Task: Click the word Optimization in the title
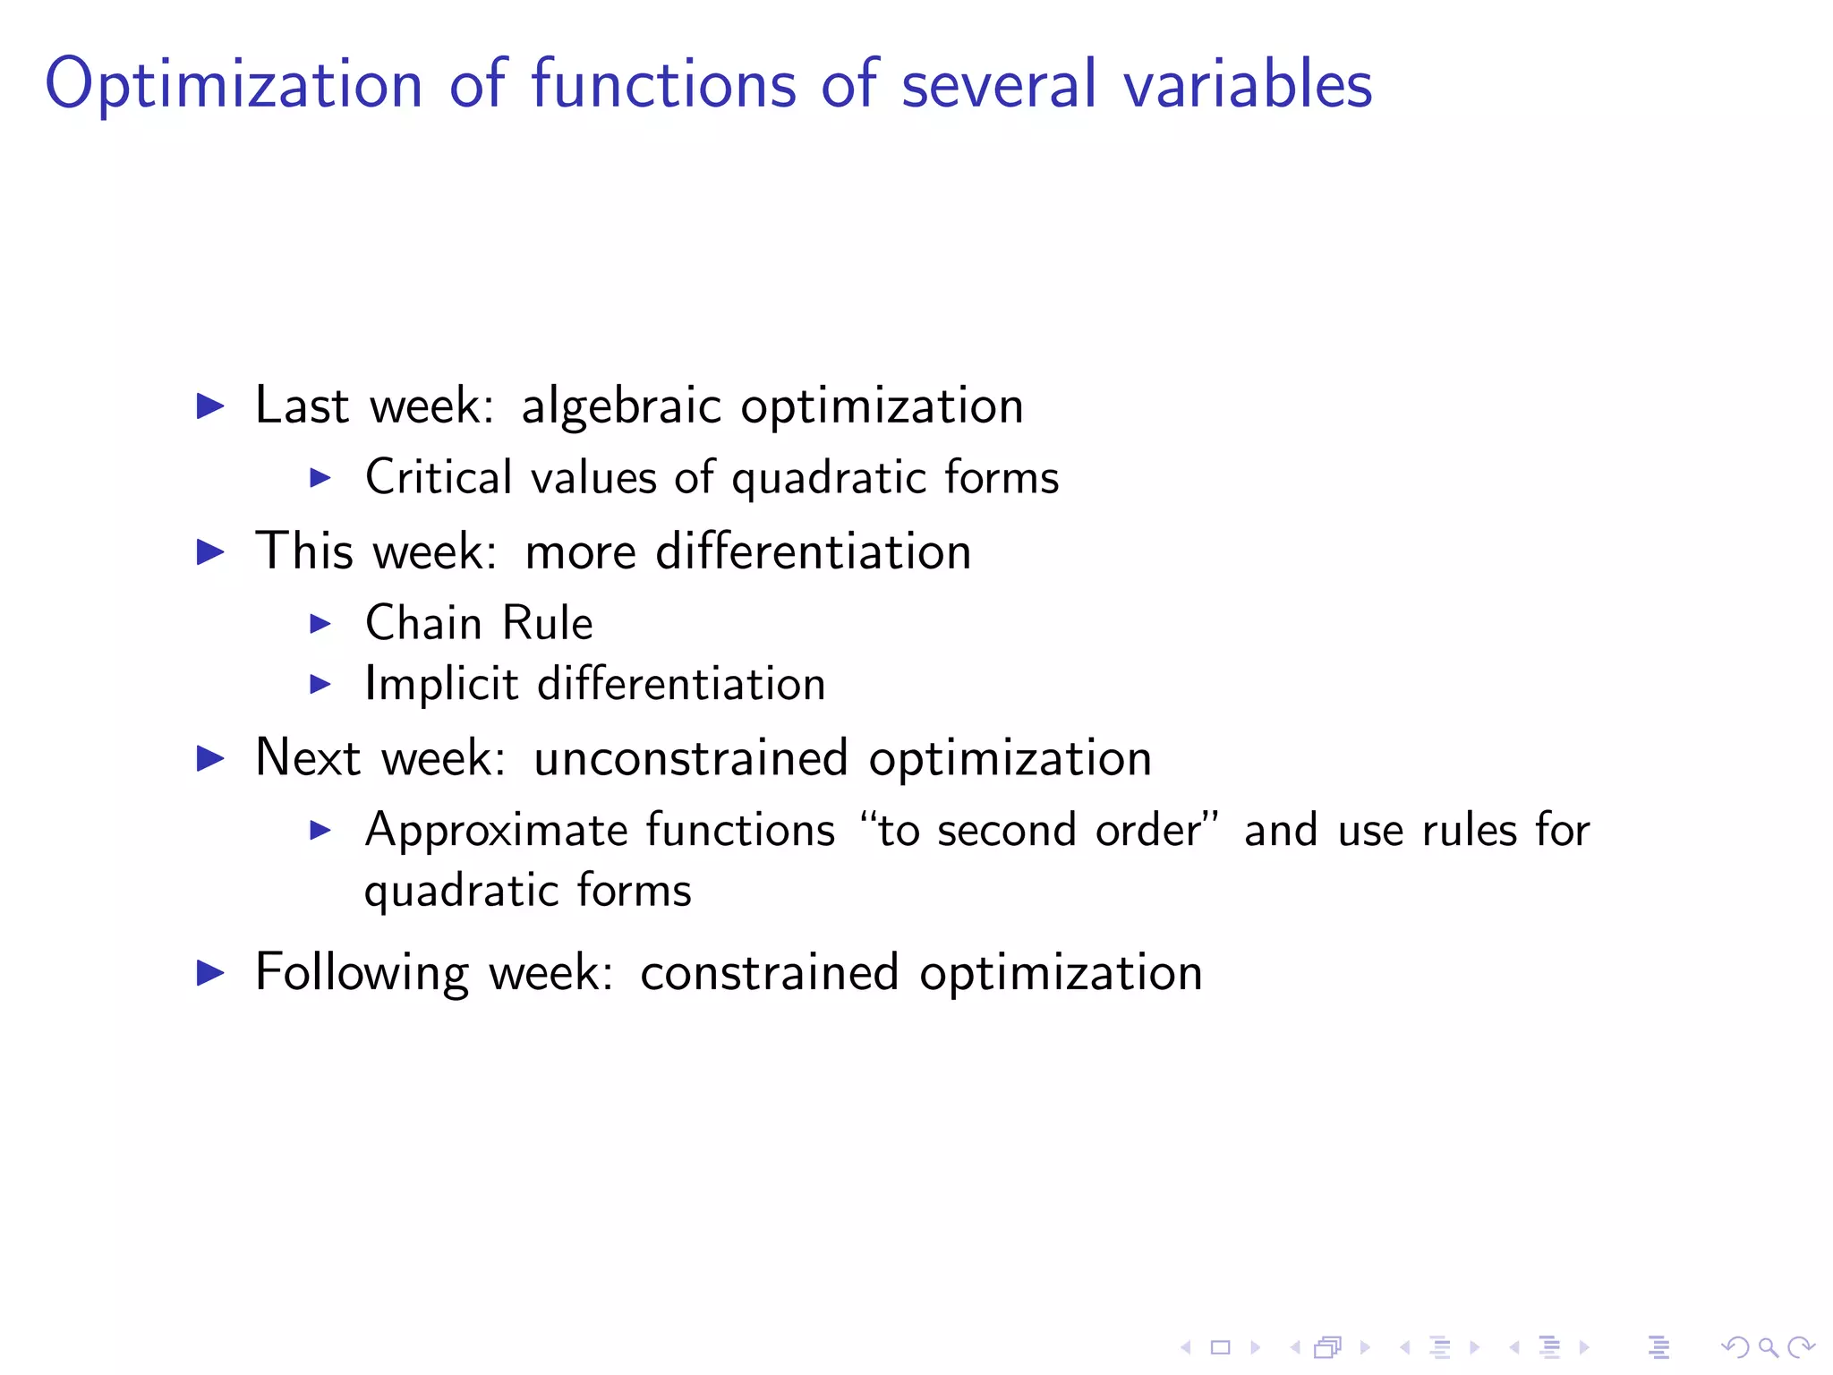[x=234, y=86]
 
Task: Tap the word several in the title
[x=999, y=84]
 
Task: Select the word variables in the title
[x=1248, y=84]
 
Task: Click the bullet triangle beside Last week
[x=210, y=406]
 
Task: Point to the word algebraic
[x=620, y=406]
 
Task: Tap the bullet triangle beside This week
[x=210, y=551]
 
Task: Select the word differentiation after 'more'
[x=813, y=551]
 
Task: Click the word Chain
[x=423, y=623]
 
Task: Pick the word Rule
[x=548, y=623]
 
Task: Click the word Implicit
[x=441, y=685]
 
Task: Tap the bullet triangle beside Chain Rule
[x=320, y=623]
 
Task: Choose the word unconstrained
[x=690, y=758]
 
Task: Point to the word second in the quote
[x=1006, y=830]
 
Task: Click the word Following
[x=362, y=973]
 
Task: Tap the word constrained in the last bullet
[x=769, y=973]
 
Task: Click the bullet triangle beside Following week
[x=210, y=973]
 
